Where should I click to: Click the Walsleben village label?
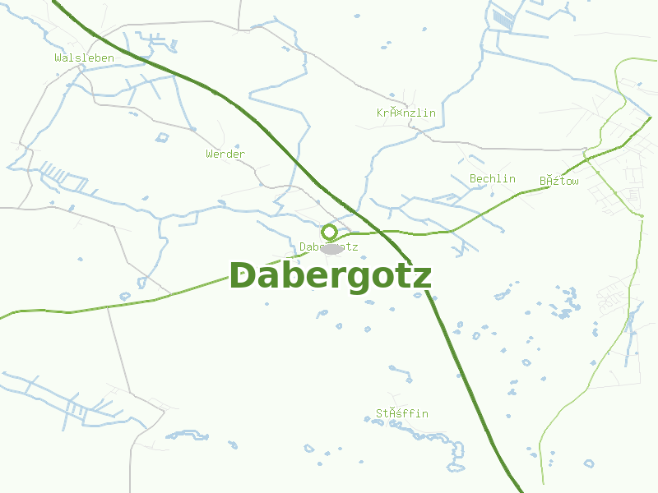pos(84,58)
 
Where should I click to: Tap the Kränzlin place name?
pos(405,113)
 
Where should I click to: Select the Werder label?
pos(225,154)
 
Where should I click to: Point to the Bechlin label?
pos(492,179)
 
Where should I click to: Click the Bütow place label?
pos(559,181)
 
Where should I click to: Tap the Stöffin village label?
pos(402,413)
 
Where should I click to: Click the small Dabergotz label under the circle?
pos(328,246)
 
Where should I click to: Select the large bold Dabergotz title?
pos(330,276)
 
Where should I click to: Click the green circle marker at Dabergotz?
pos(329,232)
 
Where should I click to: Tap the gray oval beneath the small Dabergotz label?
pos(331,249)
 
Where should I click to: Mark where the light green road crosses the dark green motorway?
pos(380,233)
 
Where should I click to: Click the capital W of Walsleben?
pos(58,58)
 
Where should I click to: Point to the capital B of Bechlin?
pos(474,179)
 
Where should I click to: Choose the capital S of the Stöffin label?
pos(380,413)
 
